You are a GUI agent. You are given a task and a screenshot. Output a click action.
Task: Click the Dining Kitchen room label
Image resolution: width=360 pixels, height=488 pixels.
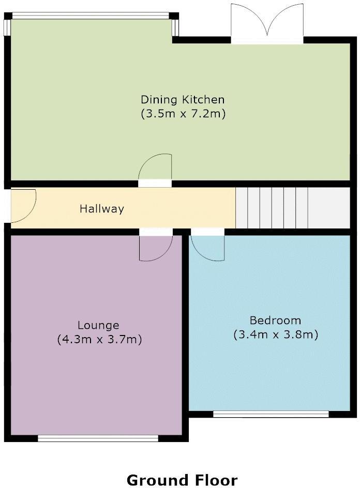[183, 99]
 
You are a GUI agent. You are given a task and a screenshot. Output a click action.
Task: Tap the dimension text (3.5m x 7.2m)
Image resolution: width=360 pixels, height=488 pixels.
[183, 114]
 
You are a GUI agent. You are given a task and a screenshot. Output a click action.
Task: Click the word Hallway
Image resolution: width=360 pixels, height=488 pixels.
[102, 209]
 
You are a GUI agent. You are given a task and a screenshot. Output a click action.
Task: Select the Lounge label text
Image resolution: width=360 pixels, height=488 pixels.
[98, 325]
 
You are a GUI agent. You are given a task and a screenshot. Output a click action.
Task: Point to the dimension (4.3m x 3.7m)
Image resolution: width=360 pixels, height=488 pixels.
[99, 340]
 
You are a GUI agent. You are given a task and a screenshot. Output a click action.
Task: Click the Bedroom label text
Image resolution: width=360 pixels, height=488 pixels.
[275, 320]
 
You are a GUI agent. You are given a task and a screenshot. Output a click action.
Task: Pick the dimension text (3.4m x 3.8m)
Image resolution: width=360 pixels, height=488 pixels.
[275, 334]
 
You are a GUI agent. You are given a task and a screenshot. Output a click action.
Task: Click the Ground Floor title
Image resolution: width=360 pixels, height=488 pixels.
[182, 480]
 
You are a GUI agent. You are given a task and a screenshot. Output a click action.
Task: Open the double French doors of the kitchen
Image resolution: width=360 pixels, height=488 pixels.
[266, 23]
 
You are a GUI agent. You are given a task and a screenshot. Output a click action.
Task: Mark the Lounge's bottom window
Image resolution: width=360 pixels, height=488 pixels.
[98, 438]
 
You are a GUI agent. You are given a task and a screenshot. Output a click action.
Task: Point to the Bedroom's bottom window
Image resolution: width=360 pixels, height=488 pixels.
[271, 414]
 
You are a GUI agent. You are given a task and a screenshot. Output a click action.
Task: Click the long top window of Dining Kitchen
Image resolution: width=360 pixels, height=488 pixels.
[92, 16]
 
